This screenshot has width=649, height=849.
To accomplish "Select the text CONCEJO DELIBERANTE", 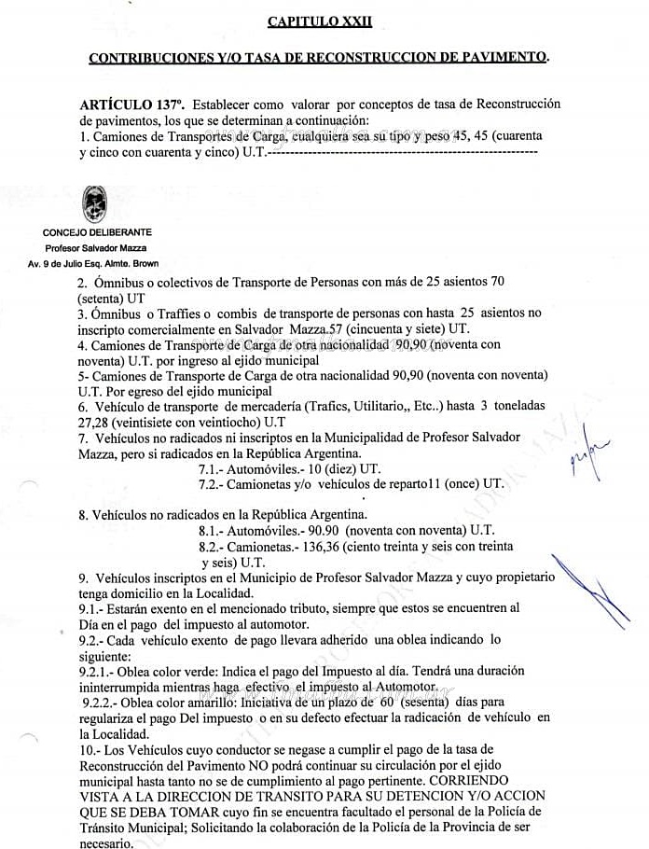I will click(97, 231).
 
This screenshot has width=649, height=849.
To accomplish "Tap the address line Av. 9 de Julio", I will click(93, 264).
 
